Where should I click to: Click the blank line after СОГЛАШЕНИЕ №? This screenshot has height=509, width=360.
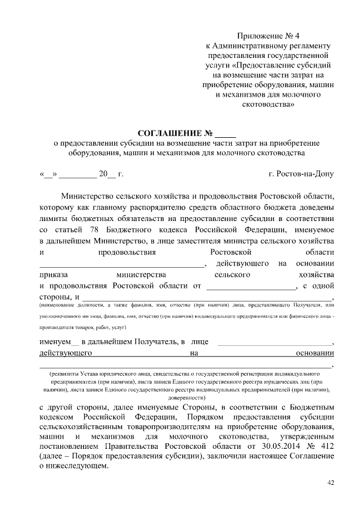click(x=226, y=134)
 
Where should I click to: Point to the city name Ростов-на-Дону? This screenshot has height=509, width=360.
click(x=301, y=174)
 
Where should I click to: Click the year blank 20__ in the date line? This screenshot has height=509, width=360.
click(x=105, y=174)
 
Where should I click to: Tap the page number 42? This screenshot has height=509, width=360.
click(x=330, y=483)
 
